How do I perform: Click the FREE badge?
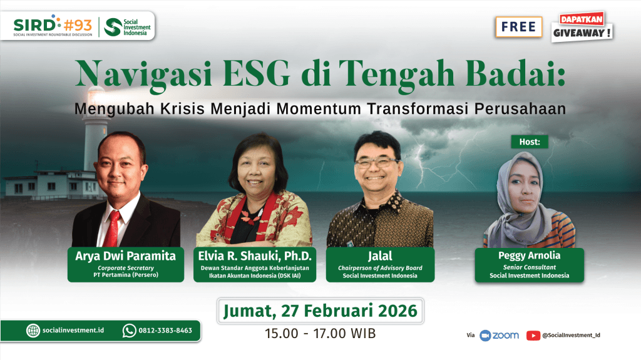519,27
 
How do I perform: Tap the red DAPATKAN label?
582,19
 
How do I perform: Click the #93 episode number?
78,26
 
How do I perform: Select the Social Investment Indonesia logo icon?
113,27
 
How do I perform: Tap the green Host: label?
530,141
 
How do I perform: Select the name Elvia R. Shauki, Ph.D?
255,256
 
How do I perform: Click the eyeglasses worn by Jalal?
376,162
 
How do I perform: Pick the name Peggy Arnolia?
530,255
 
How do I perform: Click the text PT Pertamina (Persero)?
126,275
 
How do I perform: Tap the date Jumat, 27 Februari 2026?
320,311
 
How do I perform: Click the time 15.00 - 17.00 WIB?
320,334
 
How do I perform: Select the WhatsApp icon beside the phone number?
129,331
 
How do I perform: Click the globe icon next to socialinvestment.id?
33,331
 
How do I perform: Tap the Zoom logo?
499,336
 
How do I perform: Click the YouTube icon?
533,336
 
